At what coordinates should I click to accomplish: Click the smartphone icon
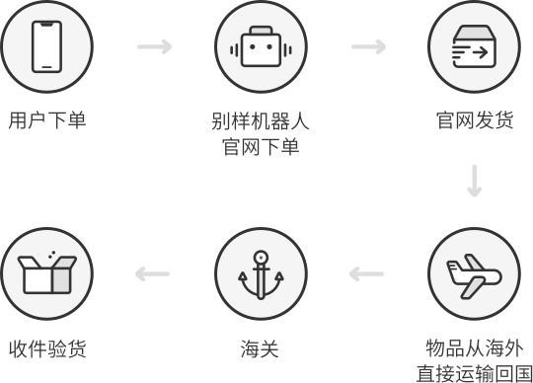[x=47, y=46]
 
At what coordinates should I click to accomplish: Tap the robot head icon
[x=261, y=46]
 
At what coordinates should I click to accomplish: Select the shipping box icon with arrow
[x=474, y=46]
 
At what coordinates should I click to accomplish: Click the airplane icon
[x=474, y=276]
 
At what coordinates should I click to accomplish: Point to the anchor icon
[x=261, y=275]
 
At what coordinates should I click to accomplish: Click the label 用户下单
[x=47, y=120]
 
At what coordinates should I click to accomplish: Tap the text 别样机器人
[x=261, y=120]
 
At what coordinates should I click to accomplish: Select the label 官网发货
[x=475, y=120]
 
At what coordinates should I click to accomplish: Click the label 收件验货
[x=47, y=348]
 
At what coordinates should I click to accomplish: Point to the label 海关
[x=260, y=348]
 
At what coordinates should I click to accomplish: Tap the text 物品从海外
[x=475, y=348]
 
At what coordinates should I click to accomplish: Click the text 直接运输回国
[x=475, y=373]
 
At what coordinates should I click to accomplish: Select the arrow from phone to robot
[x=154, y=46]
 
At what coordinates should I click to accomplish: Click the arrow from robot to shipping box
[x=368, y=46]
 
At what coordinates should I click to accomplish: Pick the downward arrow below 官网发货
[x=474, y=181]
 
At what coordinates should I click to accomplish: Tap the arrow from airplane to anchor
[x=366, y=273]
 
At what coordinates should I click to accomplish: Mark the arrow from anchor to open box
[x=152, y=273]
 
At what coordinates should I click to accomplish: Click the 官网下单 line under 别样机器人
[x=261, y=147]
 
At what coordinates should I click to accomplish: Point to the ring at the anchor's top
[x=261, y=258]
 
